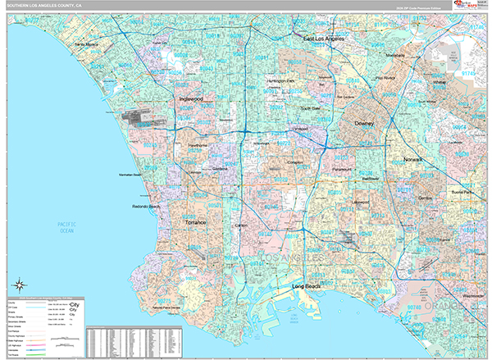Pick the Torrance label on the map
coord(195,222)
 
